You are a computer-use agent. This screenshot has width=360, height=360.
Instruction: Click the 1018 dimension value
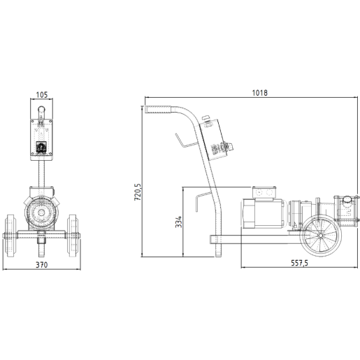pyautogui.click(x=260, y=93)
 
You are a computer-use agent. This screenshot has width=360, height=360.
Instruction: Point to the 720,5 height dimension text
pyautogui.click(x=138, y=192)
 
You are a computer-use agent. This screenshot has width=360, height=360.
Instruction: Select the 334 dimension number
pyautogui.click(x=178, y=222)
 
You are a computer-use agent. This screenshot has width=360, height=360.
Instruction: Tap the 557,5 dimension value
pyautogui.click(x=299, y=263)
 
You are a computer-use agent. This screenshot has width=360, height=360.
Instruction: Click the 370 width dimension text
pyautogui.click(x=42, y=265)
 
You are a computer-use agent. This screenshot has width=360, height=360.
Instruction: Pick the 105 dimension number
pyautogui.click(x=42, y=95)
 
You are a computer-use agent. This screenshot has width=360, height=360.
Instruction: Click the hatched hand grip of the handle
pyautogui.click(x=158, y=110)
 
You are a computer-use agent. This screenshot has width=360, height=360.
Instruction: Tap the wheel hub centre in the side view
pyautogui.click(x=321, y=236)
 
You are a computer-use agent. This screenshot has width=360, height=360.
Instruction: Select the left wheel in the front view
pyautogui.click(x=11, y=236)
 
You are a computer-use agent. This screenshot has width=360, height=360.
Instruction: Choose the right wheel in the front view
pyautogui.click(x=73, y=236)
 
